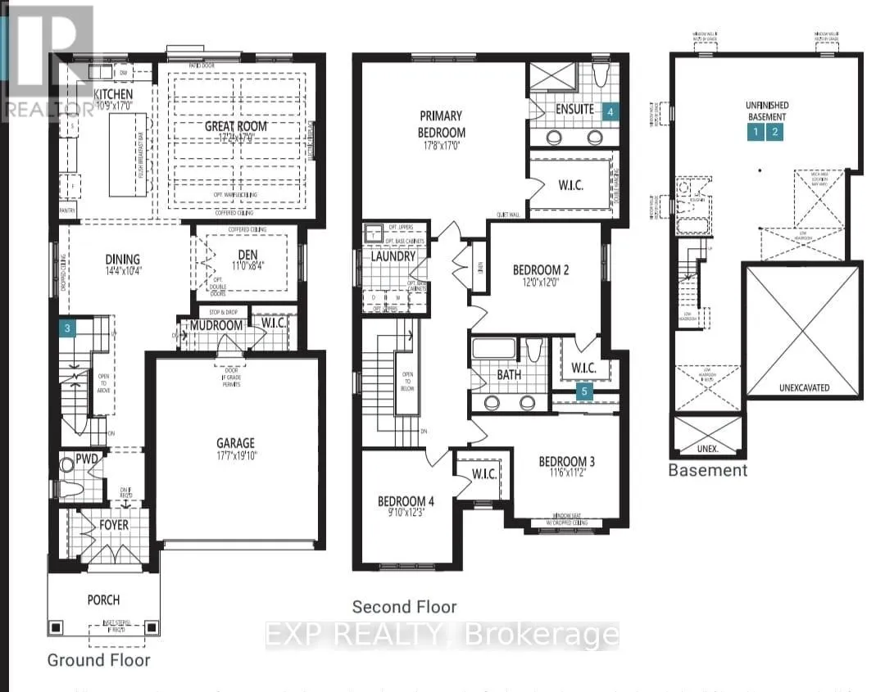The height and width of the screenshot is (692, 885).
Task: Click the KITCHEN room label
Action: click(x=112, y=95)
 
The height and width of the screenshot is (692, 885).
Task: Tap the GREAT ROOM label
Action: click(x=236, y=126)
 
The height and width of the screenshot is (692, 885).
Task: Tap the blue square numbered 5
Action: click(x=584, y=391)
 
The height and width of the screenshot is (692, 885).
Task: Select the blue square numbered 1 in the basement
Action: click(x=755, y=131)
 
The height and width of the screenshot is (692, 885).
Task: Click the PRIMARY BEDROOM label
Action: click(x=442, y=124)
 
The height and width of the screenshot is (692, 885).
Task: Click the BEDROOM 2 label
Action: click(x=541, y=269)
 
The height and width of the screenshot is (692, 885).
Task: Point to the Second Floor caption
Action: click(x=404, y=607)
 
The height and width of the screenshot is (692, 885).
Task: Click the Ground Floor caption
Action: click(x=98, y=659)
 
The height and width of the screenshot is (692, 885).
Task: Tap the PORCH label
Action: click(x=103, y=599)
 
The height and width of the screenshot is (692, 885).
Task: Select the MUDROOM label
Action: click(x=216, y=326)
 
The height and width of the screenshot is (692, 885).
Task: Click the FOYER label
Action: click(x=114, y=524)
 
